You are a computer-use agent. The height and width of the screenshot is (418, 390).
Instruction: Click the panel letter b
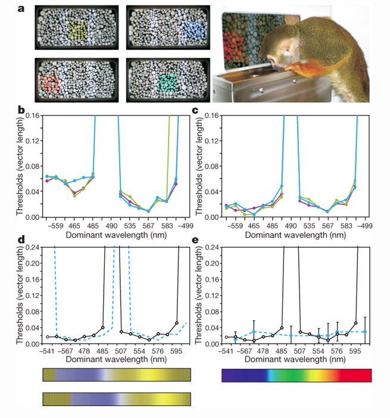[21, 110]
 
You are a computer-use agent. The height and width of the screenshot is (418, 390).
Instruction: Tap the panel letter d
[21, 240]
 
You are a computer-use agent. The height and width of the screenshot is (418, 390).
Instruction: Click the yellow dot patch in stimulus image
[78, 30]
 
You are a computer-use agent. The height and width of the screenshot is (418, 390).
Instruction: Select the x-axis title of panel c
[292, 236]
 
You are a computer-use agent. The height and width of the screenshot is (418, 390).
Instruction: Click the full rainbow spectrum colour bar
[296, 376]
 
